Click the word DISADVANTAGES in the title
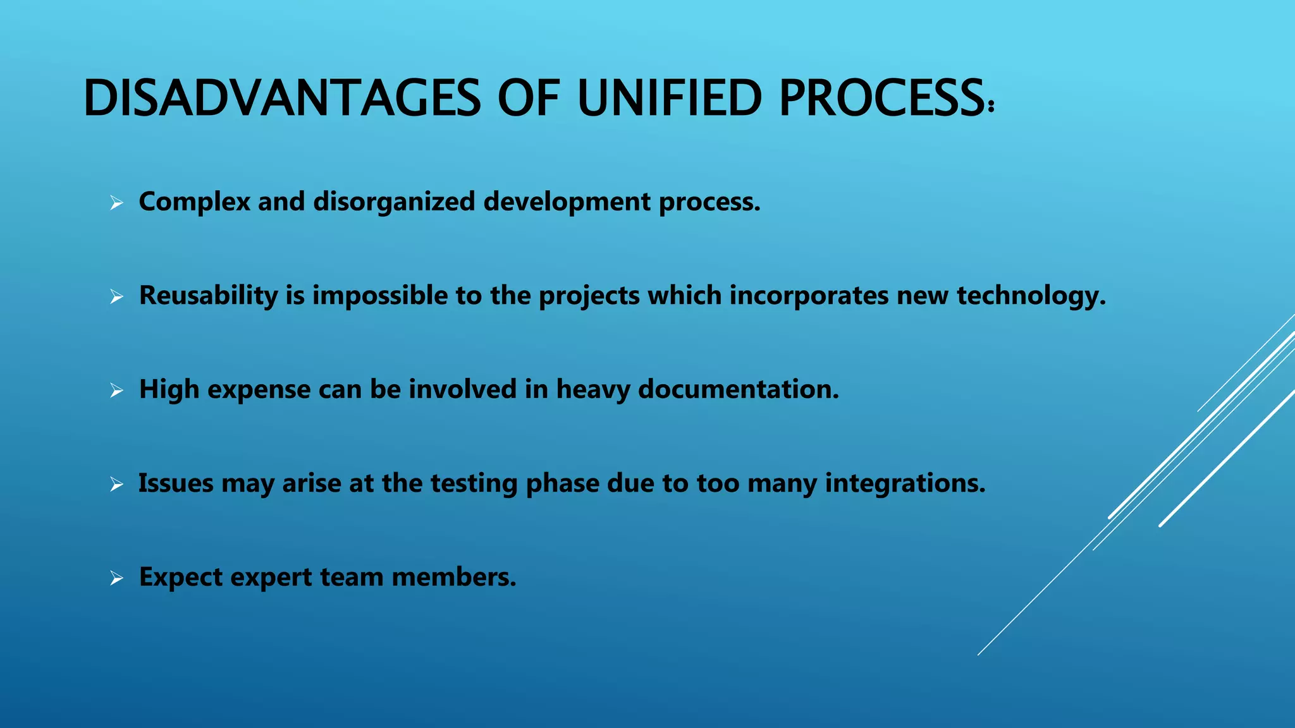[281, 98]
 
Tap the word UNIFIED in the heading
[670, 98]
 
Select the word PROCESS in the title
[881, 98]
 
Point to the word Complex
[194, 202]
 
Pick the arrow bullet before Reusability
[116, 296]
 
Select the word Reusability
[208, 296]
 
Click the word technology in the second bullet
[1031, 296]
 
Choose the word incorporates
[809, 296]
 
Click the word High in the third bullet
[169, 389]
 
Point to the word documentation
[738, 389]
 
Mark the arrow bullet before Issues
[116, 485]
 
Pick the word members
[453, 577]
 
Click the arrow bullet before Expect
[116, 578]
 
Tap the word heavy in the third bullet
[592, 389]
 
